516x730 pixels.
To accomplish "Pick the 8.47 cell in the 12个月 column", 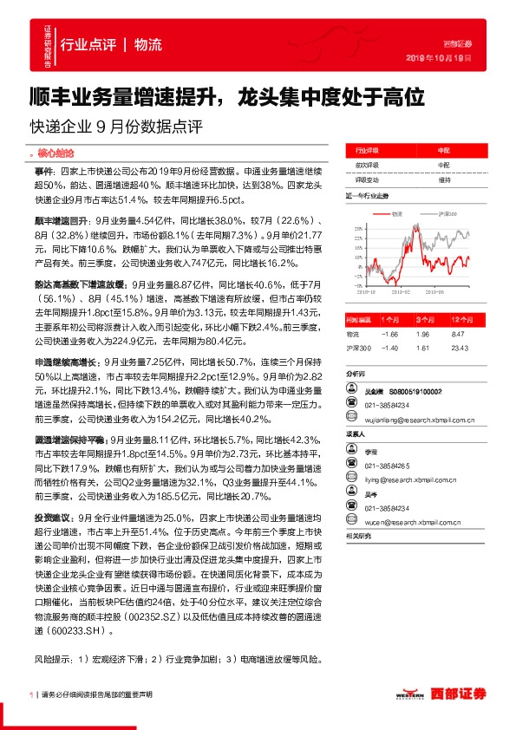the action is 460,310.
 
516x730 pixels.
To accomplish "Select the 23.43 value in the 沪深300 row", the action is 460,323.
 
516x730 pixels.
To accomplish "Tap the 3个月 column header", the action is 425,295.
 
